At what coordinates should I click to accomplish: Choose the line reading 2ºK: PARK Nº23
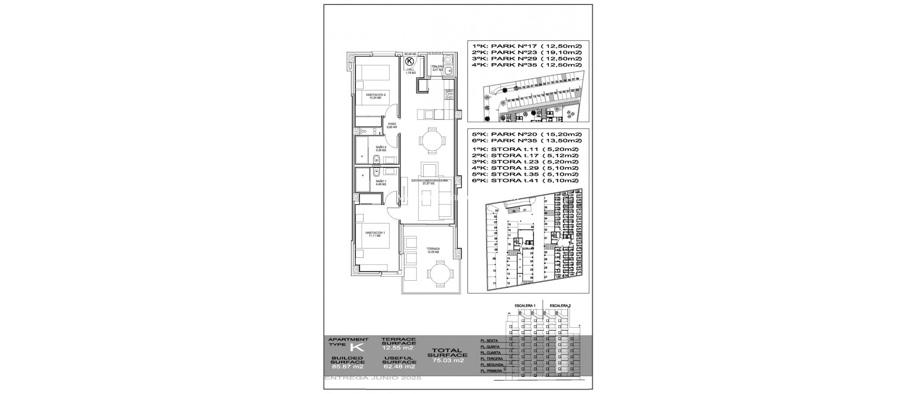tap(527, 52)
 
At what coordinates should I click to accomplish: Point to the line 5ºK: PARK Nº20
tap(527, 134)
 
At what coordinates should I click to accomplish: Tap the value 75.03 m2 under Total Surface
tap(446, 360)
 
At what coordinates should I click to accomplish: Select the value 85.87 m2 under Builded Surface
tap(347, 366)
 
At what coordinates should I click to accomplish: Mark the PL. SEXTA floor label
tap(489, 341)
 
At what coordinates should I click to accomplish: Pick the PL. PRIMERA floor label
tap(491, 371)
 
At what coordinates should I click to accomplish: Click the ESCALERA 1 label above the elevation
tap(525, 305)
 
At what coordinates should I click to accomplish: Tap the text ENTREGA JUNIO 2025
tap(373, 378)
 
